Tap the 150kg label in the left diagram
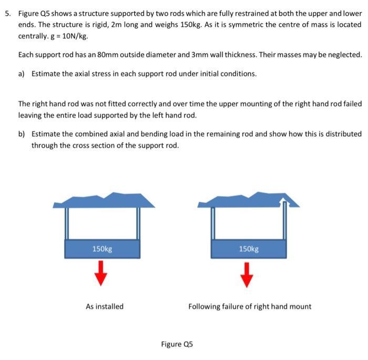click(101, 249)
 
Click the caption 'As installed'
click(105, 306)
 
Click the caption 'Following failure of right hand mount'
click(250, 306)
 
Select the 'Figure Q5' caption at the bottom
click(177, 344)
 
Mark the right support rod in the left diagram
click(139, 223)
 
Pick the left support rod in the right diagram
click(212, 223)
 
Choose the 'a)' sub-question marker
click(22, 74)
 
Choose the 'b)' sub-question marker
click(22, 134)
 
